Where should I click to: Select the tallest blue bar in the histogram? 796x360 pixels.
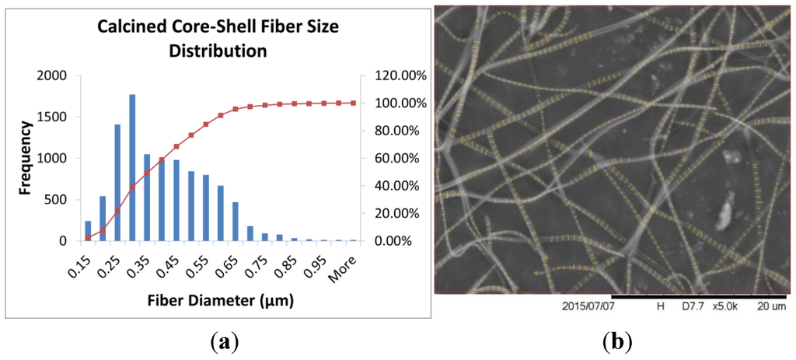pos(132,167)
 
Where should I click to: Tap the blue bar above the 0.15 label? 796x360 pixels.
pos(88,231)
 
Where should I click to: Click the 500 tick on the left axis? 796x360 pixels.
pos(64,200)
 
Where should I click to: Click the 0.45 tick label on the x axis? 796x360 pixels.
pos(172,266)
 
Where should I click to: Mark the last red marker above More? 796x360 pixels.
pos(354,103)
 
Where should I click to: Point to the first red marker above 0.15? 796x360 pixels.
pos(88,238)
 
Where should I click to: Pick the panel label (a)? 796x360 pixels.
pos(225,341)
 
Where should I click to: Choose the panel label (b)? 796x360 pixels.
pos(616,341)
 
